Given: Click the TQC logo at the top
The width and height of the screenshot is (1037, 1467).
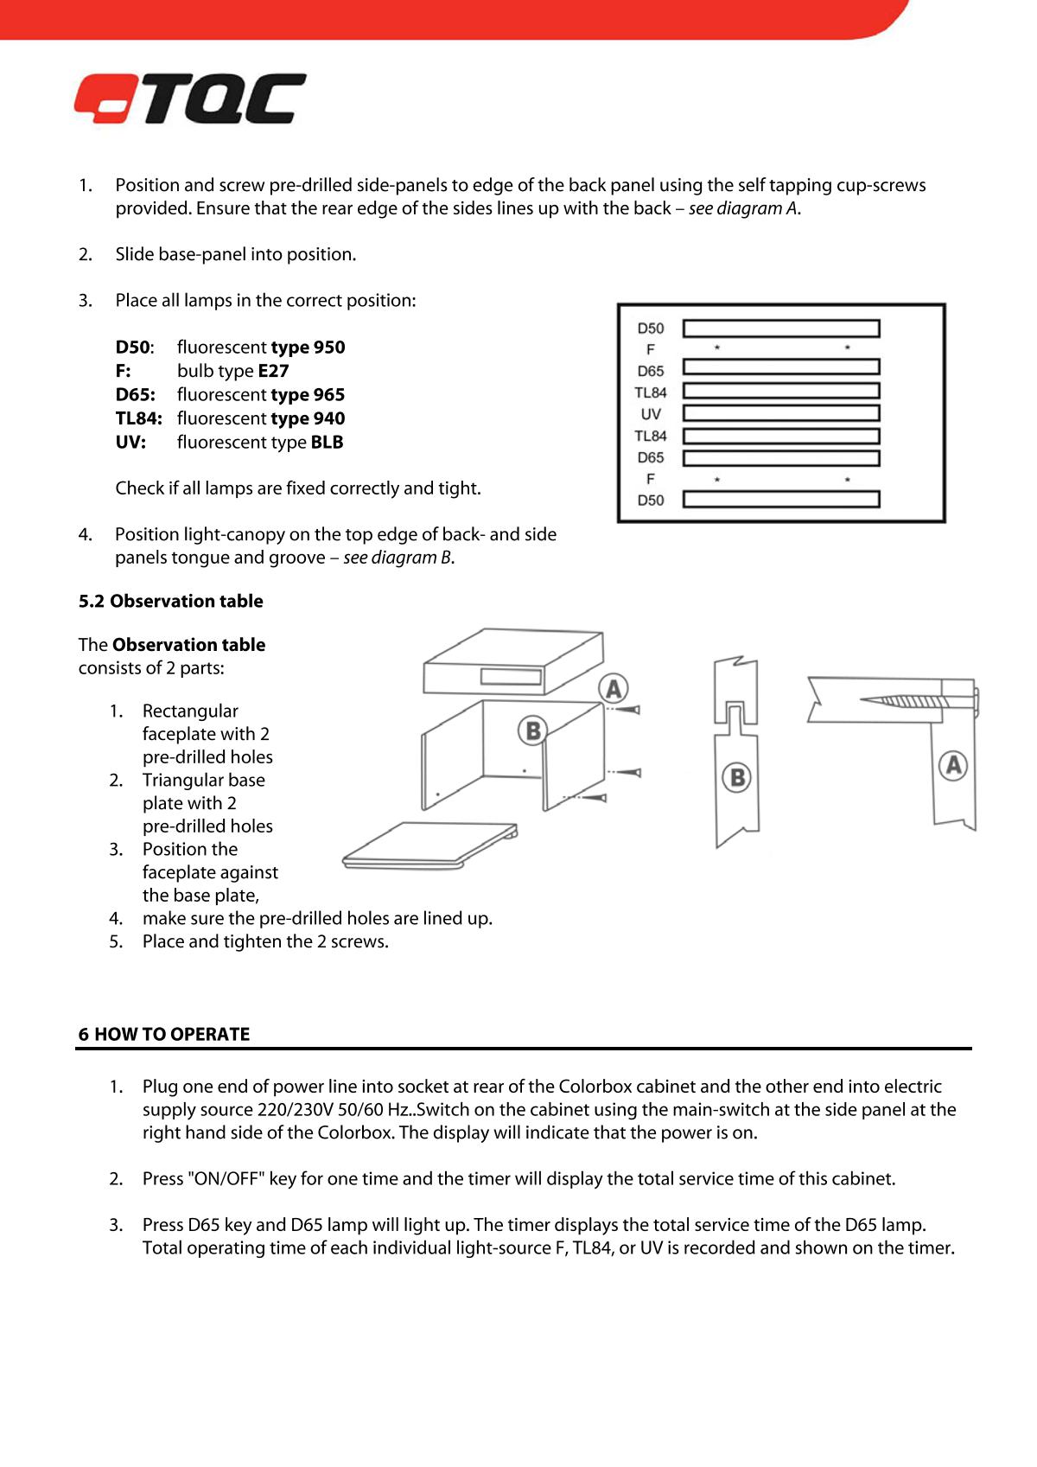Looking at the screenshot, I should click(x=190, y=99).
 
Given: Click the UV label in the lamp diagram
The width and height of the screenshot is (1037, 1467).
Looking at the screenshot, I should click(x=651, y=414).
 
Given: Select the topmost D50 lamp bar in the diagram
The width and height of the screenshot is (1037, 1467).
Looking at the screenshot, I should click(x=781, y=328).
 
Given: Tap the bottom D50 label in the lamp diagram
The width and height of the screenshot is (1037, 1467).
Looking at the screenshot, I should click(x=651, y=500).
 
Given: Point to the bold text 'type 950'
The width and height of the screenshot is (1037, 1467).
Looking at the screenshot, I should click(x=308, y=348).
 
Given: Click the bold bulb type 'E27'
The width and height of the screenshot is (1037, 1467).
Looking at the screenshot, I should click(x=273, y=371).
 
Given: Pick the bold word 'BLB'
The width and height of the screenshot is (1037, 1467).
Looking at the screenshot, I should click(x=327, y=443).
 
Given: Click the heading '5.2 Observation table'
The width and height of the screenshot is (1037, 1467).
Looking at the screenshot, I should click(x=171, y=602).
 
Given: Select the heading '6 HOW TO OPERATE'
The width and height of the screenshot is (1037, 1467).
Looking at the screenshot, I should click(x=164, y=1035).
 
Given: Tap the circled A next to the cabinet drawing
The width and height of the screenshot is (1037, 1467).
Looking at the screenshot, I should click(x=614, y=689).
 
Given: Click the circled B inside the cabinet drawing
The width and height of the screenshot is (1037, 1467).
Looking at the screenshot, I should click(x=533, y=730).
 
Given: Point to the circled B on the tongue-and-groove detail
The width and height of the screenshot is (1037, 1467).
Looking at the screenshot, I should click(x=737, y=777).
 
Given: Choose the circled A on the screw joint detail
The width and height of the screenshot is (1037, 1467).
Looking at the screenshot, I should click(x=953, y=765).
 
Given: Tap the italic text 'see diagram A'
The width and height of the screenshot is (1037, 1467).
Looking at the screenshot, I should click(x=743, y=208).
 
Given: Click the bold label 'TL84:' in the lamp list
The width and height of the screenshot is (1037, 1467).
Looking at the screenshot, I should click(x=138, y=418).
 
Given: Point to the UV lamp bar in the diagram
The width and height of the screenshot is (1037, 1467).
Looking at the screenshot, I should click(x=781, y=414).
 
